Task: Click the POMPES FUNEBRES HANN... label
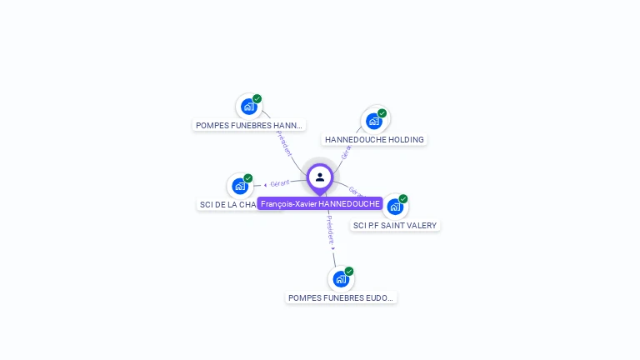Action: pyautogui.click(x=248, y=126)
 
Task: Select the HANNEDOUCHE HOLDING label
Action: pyautogui.click(x=374, y=140)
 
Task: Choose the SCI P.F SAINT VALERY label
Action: pyautogui.click(x=395, y=226)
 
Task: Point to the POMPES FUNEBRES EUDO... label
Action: pyautogui.click(x=341, y=297)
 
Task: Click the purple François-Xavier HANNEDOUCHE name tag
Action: pyautogui.click(x=320, y=203)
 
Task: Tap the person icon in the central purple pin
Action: pyautogui.click(x=320, y=177)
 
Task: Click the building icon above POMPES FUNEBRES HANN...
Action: pyautogui.click(x=247, y=107)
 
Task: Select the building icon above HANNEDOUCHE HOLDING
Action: pyautogui.click(x=374, y=121)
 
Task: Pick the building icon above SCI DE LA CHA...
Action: pyautogui.click(x=240, y=186)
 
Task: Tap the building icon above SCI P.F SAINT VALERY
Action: pyautogui.click(x=394, y=207)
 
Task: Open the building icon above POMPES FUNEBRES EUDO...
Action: pyautogui.click(x=340, y=279)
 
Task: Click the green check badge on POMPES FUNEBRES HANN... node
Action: pyautogui.click(x=257, y=98)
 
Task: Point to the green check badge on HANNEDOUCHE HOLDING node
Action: pyautogui.click(x=382, y=112)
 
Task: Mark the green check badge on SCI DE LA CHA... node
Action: pyautogui.click(x=248, y=177)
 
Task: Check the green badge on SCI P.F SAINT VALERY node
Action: pyautogui.click(x=403, y=198)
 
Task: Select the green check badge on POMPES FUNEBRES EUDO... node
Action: pyautogui.click(x=349, y=271)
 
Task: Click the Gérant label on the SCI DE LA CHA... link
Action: pyautogui.click(x=279, y=183)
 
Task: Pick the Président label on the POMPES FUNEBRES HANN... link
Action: pyautogui.click(x=284, y=142)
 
